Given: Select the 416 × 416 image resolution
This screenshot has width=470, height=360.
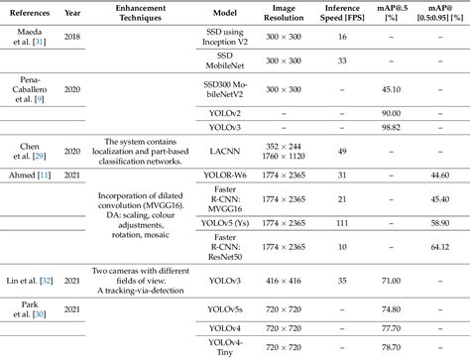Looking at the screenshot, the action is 272,281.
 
